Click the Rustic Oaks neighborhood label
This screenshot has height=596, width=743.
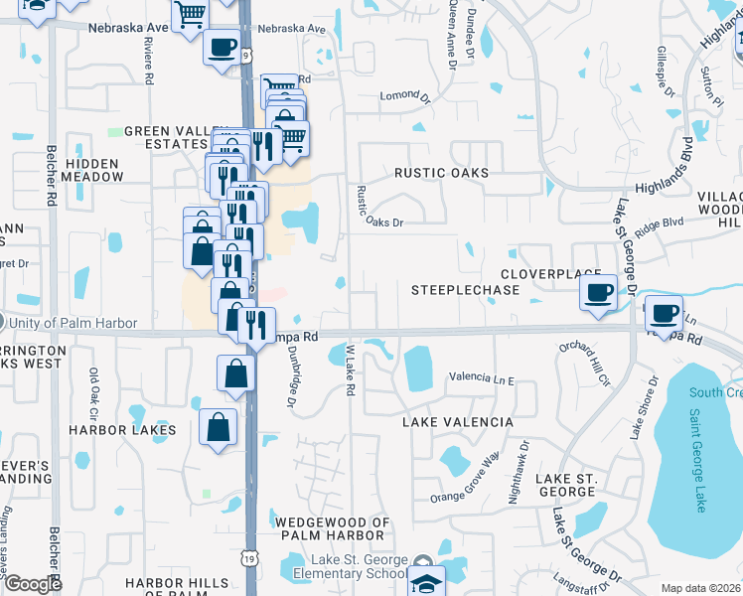coord(441,173)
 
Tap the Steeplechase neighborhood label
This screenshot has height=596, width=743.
coord(466,290)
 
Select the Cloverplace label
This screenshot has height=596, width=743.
coord(551,273)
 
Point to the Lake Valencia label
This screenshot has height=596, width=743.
coord(458,422)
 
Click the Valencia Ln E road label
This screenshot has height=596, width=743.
coord(482,378)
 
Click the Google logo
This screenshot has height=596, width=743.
coord(34,584)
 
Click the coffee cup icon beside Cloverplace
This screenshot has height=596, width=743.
coord(598,293)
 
